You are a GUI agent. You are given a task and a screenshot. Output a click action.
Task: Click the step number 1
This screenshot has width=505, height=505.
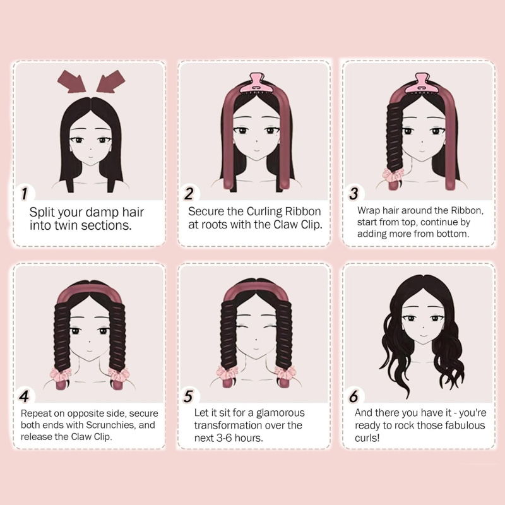tap(25, 193)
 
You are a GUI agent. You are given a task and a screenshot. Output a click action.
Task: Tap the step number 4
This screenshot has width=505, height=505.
tap(24, 396)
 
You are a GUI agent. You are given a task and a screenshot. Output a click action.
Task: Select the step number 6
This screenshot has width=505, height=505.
tap(353, 396)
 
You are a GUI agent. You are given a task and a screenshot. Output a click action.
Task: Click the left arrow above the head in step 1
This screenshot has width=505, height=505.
tap(71, 81)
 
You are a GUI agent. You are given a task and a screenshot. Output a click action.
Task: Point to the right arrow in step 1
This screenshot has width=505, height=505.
tap(111, 81)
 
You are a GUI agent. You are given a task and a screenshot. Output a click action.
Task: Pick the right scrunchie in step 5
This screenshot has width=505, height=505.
tap(285, 372)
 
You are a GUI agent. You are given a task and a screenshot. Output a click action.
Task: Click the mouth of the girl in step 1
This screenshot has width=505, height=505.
tap(90, 157)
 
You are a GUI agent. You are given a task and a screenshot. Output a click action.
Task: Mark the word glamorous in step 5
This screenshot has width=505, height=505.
tap(280, 413)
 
